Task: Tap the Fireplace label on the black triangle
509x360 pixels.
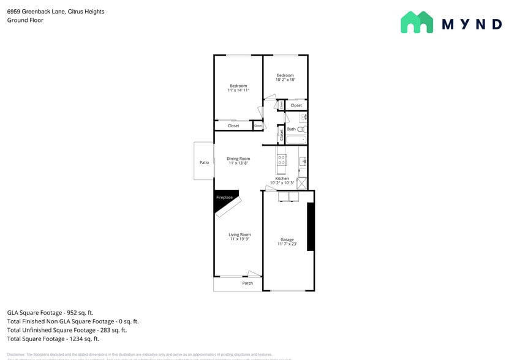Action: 224,197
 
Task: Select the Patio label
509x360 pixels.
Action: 204,162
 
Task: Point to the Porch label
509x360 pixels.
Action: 247,283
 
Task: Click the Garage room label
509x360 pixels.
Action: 287,239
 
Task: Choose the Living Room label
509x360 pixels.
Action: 239,234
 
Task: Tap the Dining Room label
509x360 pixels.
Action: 238,159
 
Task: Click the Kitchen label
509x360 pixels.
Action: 282,179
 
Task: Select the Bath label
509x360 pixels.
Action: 292,129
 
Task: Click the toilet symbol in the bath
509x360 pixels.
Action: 302,129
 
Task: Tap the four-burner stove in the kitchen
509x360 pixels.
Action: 282,160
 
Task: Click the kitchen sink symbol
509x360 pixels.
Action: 303,162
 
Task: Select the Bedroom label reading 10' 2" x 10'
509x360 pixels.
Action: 285,75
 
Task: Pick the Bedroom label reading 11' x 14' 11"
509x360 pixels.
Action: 238,86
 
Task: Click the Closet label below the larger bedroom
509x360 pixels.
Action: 233,126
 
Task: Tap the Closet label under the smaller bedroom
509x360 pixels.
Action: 296,105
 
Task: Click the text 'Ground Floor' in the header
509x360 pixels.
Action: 25,20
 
